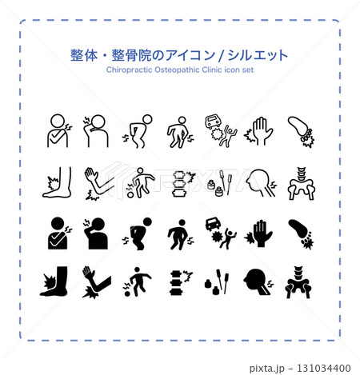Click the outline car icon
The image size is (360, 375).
pos(213,122)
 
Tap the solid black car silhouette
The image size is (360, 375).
pos(213,224)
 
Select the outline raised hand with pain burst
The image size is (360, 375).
pos(258,131)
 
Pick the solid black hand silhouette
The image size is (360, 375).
pos(258,233)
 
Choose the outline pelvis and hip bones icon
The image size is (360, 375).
pos(302,183)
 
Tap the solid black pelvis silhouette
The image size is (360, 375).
pos(298,282)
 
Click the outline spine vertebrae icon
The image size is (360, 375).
pos(178,184)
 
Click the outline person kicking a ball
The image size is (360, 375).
pos(141,183)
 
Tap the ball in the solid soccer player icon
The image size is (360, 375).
pos(128,293)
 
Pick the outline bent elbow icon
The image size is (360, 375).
pos(98,183)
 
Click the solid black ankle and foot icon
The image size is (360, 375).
pos(54,281)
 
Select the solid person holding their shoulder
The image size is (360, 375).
pos(59,233)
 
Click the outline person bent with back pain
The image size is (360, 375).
pos(138,131)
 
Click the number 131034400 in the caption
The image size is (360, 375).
pos(323,368)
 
